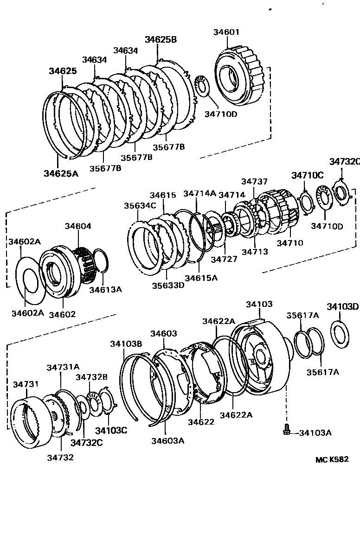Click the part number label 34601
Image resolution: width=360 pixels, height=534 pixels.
tap(226, 32)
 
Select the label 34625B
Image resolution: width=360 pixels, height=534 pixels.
tap(161, 40)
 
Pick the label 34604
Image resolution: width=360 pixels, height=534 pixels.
tap(78, 226)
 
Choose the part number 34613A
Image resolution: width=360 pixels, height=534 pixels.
tap(106, 289)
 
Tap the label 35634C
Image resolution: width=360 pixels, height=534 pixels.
tap(140, 205)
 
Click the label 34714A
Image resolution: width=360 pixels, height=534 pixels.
tap(199, 193)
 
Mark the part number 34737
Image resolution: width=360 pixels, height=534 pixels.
tap(254, 181)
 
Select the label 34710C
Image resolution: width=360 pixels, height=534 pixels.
tap(307, 175)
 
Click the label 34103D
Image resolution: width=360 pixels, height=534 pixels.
tap(342, 306)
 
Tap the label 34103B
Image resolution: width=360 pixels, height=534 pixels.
tap(126, 343)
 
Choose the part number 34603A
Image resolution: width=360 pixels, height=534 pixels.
tap(167, 440)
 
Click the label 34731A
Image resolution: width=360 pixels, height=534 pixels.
tap(63, 367)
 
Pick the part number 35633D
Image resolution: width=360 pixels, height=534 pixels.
tap(167, 285)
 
